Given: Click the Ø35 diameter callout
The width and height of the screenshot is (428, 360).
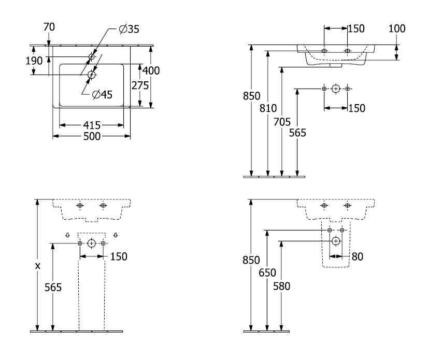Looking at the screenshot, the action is pos(129,29).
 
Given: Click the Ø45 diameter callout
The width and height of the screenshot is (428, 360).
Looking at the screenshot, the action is pos(102,94).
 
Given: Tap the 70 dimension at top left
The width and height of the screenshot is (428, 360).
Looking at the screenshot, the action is pos(49,27).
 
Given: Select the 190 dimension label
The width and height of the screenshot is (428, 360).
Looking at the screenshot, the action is pos(34,61).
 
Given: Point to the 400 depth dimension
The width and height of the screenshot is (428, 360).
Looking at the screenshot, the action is pos(151,70).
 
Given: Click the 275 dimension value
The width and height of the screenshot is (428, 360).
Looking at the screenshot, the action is pos(140,85).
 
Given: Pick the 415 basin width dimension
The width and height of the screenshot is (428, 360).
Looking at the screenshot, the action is pos(92,125).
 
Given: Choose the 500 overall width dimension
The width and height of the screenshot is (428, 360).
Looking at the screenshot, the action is pos(92,136).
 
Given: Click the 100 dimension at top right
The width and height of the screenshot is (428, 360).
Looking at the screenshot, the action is pos(397,28).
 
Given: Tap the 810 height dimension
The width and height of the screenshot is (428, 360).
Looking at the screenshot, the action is pos(268,108).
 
